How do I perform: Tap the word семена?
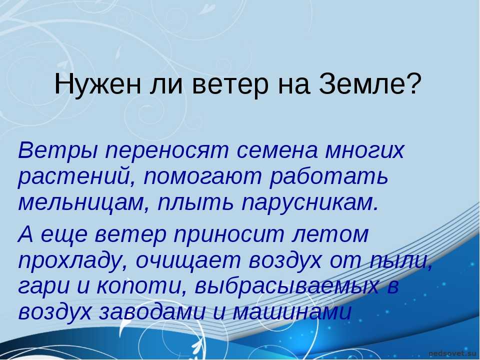tap(277, 151)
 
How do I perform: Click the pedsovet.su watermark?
tap(453, 354)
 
